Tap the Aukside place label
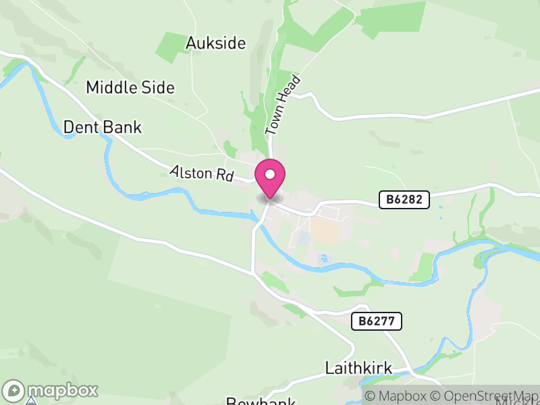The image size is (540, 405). click(215, 44)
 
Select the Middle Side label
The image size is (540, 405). click(130, 88)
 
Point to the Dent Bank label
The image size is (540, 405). click(103, 127)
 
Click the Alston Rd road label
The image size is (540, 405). click(201, 173)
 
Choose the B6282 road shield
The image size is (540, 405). click(404, 200)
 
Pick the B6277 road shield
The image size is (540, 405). click(377, 321)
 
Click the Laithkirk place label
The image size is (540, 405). click(358, 369)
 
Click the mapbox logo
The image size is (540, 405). click(51, 390)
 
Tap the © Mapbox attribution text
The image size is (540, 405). click(396, 396)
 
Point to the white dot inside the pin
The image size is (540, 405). click(270, 175)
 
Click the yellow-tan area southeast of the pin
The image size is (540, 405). click(325, 234)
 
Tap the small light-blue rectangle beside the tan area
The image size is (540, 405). click(303, 238)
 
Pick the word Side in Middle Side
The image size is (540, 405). click(157, 88)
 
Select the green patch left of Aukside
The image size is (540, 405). click(170, 46)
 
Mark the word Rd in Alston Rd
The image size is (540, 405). click(224, 177)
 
